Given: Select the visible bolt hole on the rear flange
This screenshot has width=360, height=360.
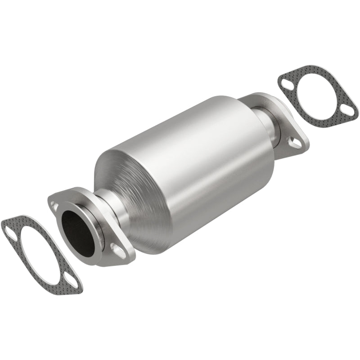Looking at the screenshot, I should click(295, 143).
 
